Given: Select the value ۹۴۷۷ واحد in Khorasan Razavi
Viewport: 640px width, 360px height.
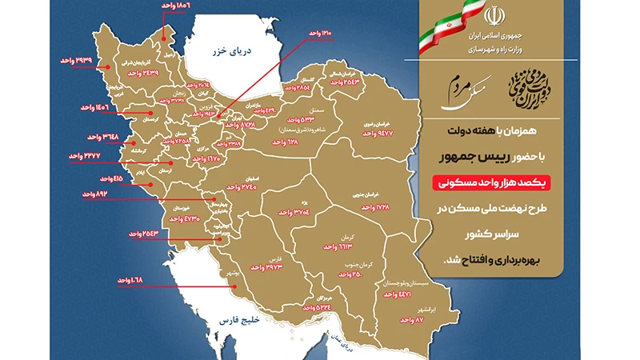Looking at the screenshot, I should coord(378,134).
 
